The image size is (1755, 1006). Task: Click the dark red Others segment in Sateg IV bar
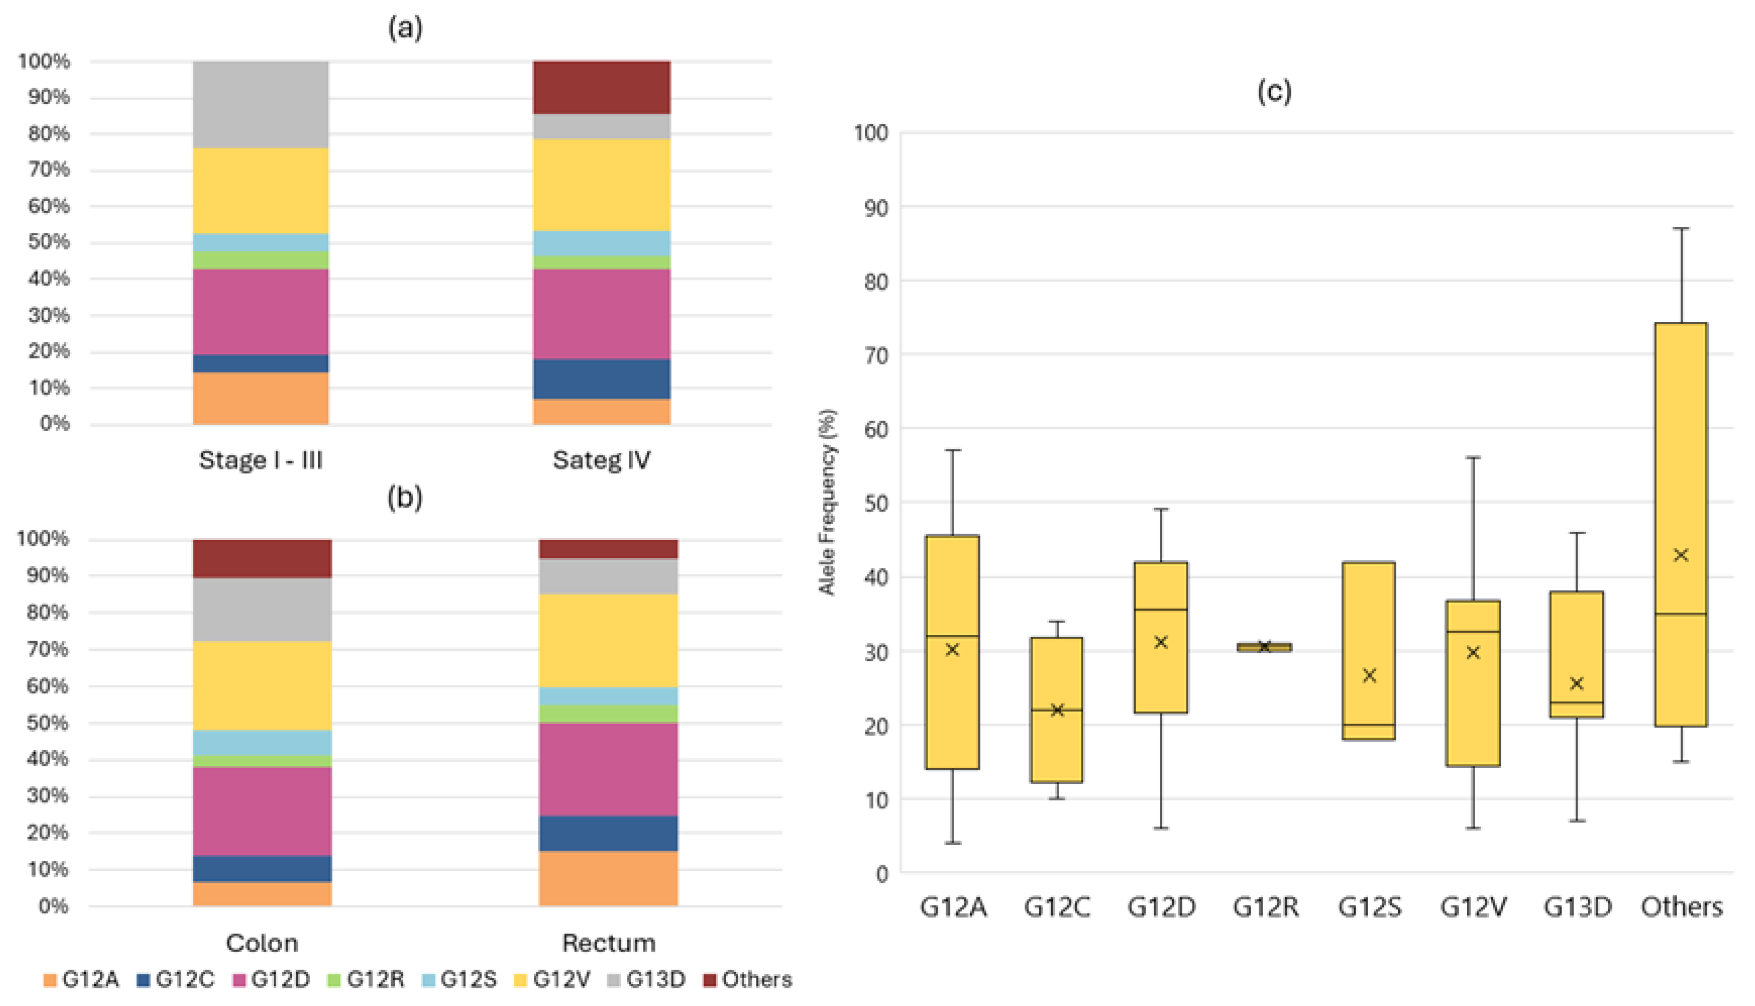point(601,87)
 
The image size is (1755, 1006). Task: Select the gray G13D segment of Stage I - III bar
point(260,104)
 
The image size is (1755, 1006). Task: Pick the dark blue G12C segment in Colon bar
point(262,868)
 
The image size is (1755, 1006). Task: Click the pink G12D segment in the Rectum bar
point(608,769)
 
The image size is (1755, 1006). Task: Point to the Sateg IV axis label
point(601,460)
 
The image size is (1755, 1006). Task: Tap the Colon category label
point(262,943)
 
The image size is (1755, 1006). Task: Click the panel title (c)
point(1273,91)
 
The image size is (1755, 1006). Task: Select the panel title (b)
point(404,498)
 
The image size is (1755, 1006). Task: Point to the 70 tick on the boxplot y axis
point(875,355)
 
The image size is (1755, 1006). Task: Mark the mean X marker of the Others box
point(1681,555)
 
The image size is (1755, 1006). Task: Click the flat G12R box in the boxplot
point(1264,647)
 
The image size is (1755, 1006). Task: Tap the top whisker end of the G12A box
point(953,451)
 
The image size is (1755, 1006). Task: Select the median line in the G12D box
point(1161,610)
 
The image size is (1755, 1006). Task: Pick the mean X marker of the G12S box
point(1369,675)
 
